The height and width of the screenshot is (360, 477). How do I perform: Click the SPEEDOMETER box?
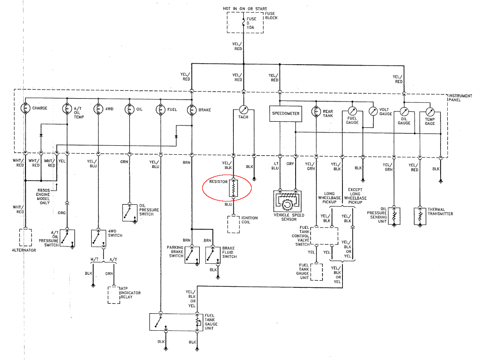coord(285,114)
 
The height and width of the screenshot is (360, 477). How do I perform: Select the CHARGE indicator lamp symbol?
coord(25,108)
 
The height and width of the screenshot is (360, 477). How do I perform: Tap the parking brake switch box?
coord(192,255)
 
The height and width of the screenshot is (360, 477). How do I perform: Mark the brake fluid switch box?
coord(213,255)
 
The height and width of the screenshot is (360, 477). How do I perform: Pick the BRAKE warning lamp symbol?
coord(192,109)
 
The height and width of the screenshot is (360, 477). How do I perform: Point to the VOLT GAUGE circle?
coord(373,111)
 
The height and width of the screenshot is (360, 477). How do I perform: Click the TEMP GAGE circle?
coord(430,112)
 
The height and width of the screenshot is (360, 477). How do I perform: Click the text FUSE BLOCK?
coord(271,16)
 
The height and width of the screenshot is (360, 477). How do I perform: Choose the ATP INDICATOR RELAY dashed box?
coord(113,294)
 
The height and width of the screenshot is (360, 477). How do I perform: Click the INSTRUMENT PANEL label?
coord(460,98)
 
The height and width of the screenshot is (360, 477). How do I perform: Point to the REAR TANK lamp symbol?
coord(315,112)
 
